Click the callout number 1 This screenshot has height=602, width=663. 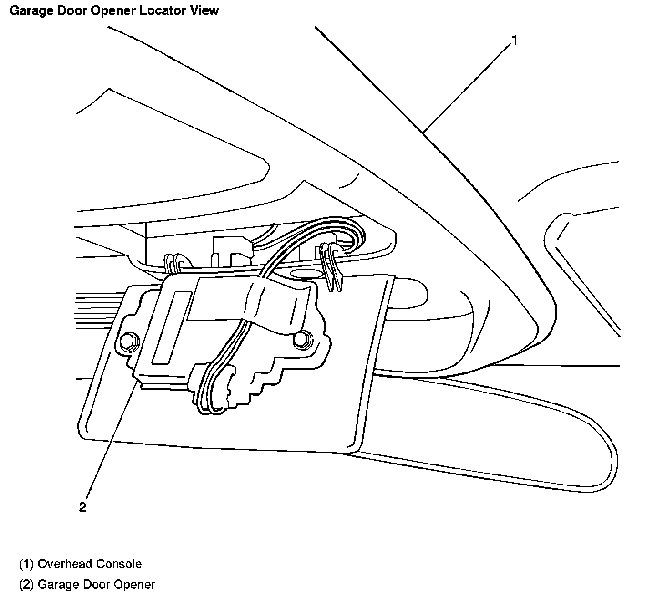pyautogui.click(x=514, y=41)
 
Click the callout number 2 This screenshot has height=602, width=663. pyautogui.click(x=82, y=507)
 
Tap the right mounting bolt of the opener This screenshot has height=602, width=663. pyautogui.click(x=300, y=339)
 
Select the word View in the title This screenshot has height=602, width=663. pyautogui.click(x=205, y=10)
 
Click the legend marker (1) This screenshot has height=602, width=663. pyautogui.click(x=26, y=564)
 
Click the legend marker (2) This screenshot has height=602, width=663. pyautogui.click(x=26, y=585)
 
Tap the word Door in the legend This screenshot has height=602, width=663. pyautogui.click(x=97, y=585)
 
